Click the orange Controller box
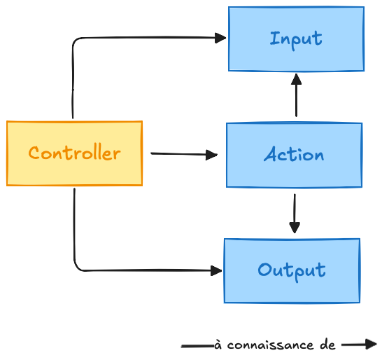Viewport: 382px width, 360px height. pos(74,153)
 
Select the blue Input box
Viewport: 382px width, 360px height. pos(296,39)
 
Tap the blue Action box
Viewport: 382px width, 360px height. pos(294,155)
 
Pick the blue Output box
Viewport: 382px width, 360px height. pos(292,271)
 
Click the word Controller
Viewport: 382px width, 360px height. pos(74,153)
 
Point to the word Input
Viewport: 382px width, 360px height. pos(296,40)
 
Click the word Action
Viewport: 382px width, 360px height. pos(294,154)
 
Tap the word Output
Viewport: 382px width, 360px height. pos(292,271)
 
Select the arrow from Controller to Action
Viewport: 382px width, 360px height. pos(184,154)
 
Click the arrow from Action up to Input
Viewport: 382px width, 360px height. pos(296,95)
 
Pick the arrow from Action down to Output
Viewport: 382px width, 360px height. pos(295,214)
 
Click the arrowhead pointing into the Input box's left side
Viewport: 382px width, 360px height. pos(220,38)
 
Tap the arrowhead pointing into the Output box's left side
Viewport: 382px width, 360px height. pos(216,271)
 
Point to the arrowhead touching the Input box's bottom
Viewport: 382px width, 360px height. pos(296,79)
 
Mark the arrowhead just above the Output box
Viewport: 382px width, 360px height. pos(295,228)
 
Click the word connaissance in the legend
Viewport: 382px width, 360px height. pos(270,345)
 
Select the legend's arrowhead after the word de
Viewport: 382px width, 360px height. pos(371,344)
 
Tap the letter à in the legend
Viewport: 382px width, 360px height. pos(218,345)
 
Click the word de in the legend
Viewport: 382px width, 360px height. pos(327,345)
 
